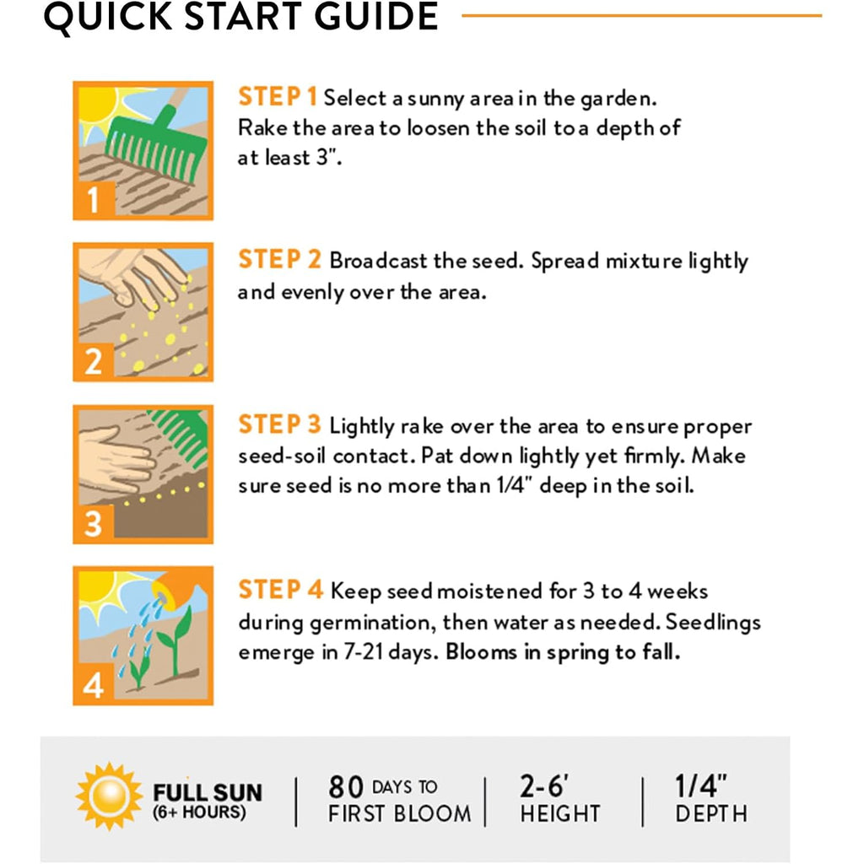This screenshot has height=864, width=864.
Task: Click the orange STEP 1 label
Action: (x=277, y=97)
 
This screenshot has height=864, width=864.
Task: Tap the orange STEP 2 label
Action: (x=279, y=260)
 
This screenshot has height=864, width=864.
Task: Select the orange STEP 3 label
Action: (x=279, y=425)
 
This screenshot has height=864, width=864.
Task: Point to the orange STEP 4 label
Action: (x=280, y=590)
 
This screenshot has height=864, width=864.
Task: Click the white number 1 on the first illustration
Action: (x=93, y=199)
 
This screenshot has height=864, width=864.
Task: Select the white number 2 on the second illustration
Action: (x=93, y=361)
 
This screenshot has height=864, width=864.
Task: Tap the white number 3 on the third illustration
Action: (x=93, y=523)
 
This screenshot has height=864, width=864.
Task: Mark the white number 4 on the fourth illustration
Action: (x=93, y=686)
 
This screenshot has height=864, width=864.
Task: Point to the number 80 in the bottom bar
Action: (x=346, y=787)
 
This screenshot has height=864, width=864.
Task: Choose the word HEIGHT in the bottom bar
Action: (x=560, y=814)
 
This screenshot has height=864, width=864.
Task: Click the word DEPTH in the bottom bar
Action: (x=711, y=814)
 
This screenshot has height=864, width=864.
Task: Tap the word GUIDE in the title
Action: (x=376, y=16)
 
